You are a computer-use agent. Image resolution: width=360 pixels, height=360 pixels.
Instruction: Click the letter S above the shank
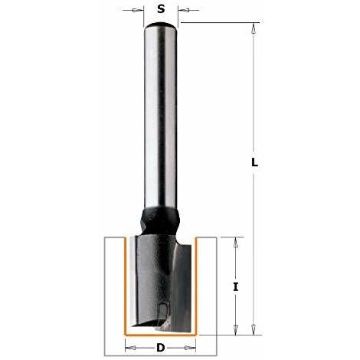pyautogui.click(x=161, y=9)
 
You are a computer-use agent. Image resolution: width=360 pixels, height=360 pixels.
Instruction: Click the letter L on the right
pyautogui.click(x=254, y=162)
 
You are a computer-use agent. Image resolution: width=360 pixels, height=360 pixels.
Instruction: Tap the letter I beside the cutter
pyautogui.click(x=236, y=287)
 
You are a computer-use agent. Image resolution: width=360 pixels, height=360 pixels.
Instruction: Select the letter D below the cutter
pyautogui.click(x=161, y=348)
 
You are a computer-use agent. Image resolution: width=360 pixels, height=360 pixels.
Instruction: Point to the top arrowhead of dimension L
pyautogui.click(x=254, y=28)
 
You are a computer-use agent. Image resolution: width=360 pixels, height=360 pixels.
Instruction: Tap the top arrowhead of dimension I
pyautogui.click(x=236, y=243)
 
